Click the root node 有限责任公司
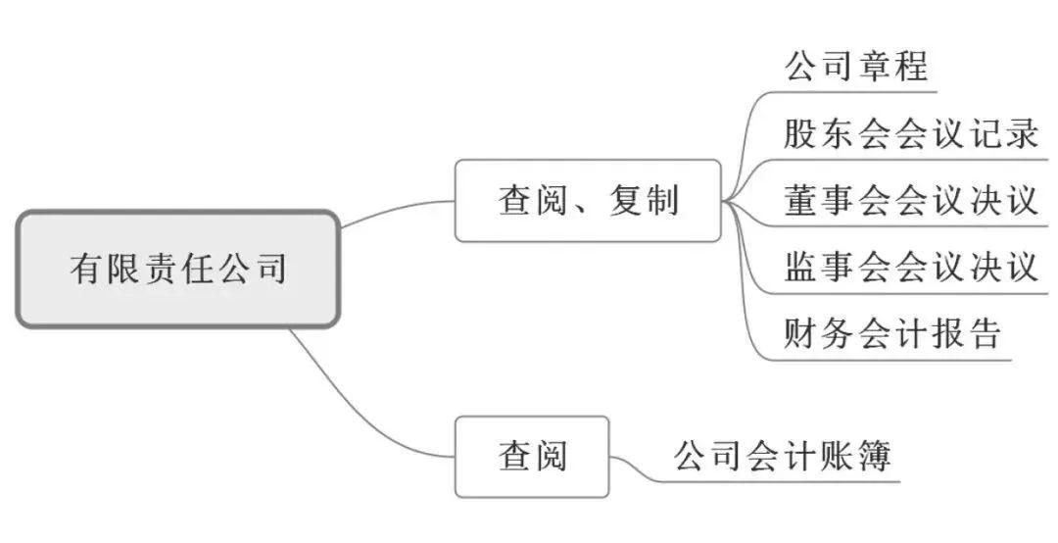(x=177, y=268)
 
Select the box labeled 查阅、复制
(x=588, y=201)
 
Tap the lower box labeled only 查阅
(x=532, y=456)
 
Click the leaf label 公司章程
(x=856, y=68)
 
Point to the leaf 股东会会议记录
(x=910, y=133)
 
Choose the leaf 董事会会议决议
(x=910, y=200)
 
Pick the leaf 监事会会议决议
(x=910, y=267)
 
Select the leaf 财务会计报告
(x=892, y=333)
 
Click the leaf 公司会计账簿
(x=782, y=456)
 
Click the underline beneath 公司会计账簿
(x=784, y=481)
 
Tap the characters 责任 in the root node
(x=177, y=268)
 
